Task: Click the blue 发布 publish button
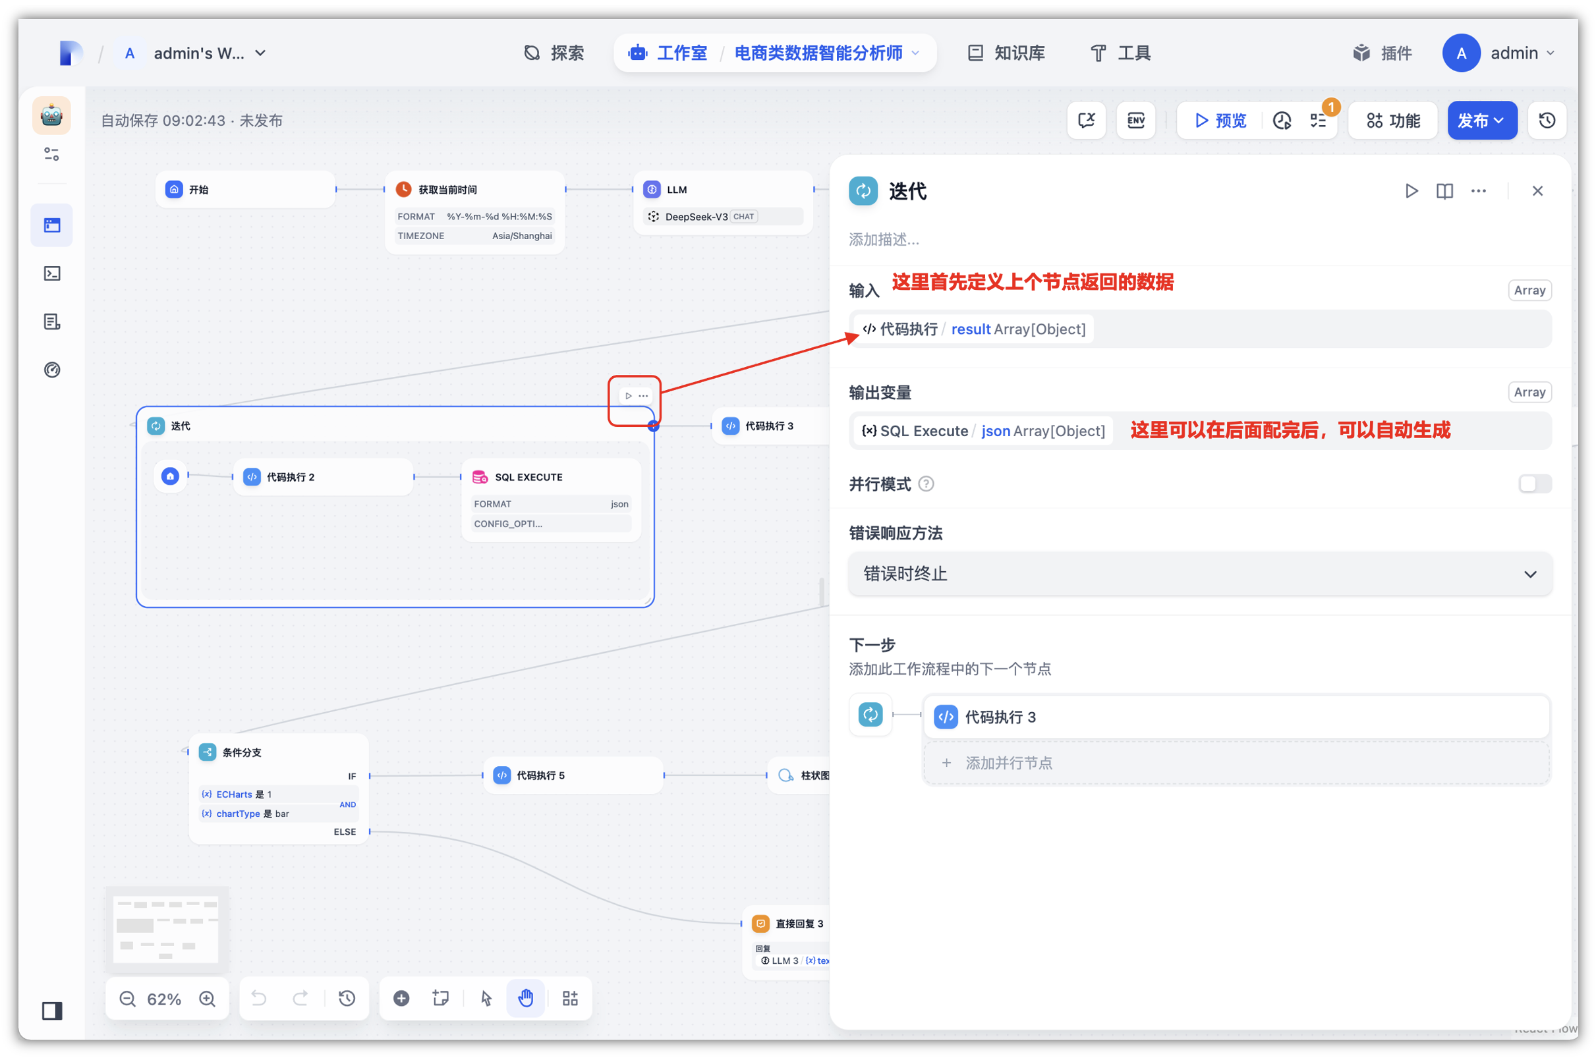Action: click(1481, 121)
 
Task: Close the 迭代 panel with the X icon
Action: click(1537, 191)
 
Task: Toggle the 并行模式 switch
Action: click(1535, 484)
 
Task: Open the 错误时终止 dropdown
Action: click(1200, 574)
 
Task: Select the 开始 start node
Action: click(246, 190)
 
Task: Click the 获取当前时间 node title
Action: click(447, 190)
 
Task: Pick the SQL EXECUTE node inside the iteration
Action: click(551, 499)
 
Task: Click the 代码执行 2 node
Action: click(324, 477)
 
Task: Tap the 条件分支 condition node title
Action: click(242, 752)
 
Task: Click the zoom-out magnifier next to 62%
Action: click(128, 999)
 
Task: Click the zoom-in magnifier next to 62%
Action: click(207, 999)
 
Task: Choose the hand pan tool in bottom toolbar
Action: click(526, 998)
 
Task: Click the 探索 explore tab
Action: click(554, 53)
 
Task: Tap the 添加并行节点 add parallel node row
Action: click(1236, 763)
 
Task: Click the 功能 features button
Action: click(1393, 121)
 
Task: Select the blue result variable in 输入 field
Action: click(971, 329)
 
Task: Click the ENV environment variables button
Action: click(1136, 121)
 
